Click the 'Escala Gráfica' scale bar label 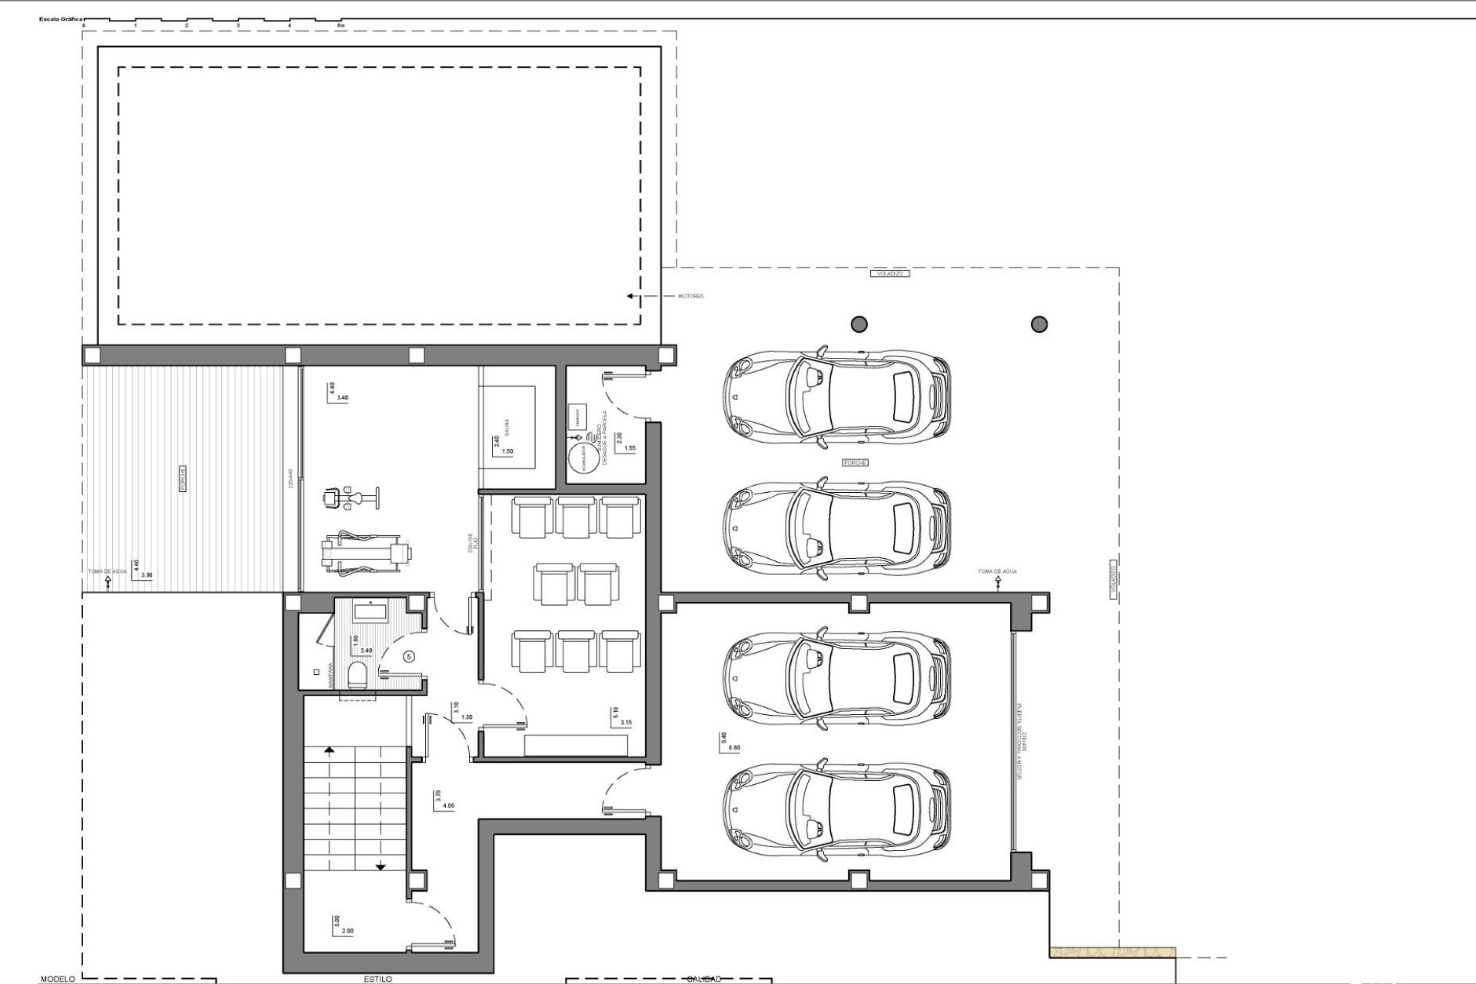61,18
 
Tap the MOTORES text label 690,296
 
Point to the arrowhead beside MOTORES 630,296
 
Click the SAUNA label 508,427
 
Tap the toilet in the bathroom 357,676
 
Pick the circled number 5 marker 409,657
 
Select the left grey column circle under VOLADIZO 859,324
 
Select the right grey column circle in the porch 1039,324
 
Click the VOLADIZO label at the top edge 889,274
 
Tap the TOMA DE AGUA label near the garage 997,571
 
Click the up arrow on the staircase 330,749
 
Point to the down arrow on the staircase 381,866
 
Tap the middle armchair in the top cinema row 576,517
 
